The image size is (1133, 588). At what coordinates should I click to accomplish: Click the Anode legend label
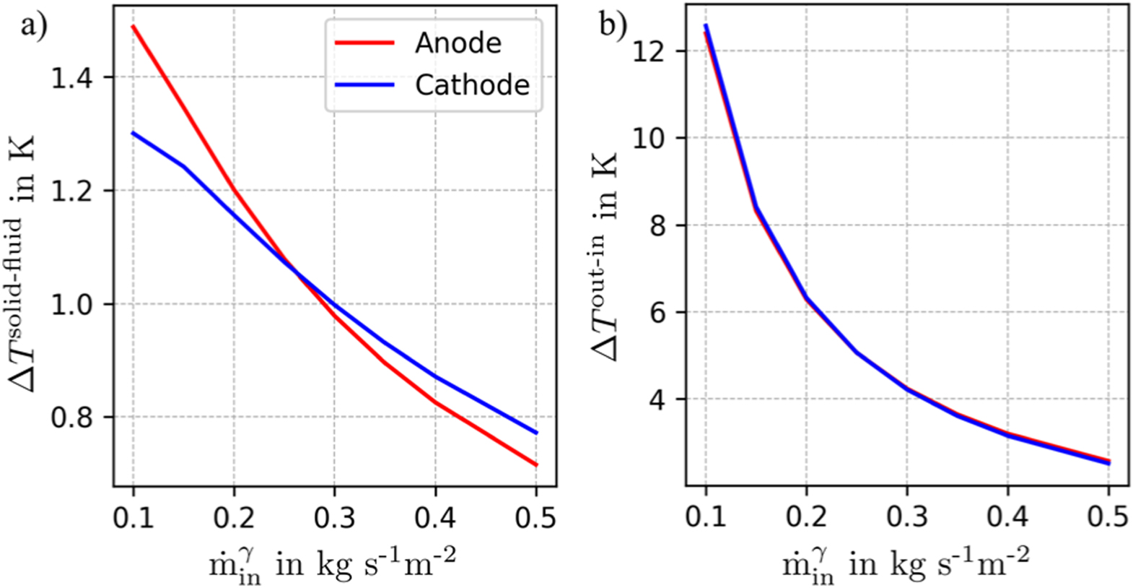coord(458,43)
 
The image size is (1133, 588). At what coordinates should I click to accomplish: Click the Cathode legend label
coord(472,85)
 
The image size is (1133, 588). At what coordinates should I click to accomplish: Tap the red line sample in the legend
coord(364,43)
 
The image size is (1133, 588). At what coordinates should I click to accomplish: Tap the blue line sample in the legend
coord(364,85)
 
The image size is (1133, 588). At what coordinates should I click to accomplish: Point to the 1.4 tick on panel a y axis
coord(71,77)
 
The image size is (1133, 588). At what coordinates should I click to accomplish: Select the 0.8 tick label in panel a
coord(71,418)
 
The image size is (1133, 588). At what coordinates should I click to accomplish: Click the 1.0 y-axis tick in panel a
coord(71,304)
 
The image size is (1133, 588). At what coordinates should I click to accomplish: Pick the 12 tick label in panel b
coord(647,51)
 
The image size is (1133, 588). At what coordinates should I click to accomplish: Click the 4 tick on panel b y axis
coord(656,399)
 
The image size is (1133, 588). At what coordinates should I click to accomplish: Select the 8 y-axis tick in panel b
coord(656,225)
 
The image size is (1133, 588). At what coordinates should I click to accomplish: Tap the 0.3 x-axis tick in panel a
coord(334,518)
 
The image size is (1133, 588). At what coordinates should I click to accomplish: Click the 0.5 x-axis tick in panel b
coord(1108,516)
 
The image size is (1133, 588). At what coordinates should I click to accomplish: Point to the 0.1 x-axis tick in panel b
coord(705,516)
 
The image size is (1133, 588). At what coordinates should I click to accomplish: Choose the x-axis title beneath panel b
coord(905,564)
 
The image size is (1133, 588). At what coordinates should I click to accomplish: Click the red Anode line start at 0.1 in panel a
coord(134,27)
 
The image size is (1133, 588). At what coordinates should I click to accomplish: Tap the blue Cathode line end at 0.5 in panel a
coord(535,433)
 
